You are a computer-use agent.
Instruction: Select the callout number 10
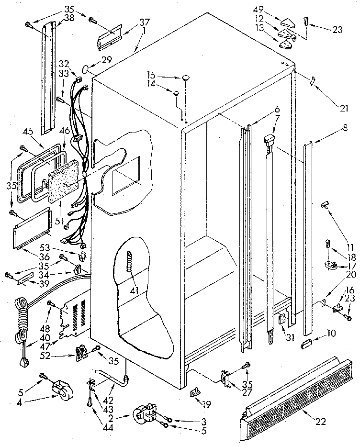tap(330, 332)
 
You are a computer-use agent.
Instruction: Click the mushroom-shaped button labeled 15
tap(184, 77)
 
